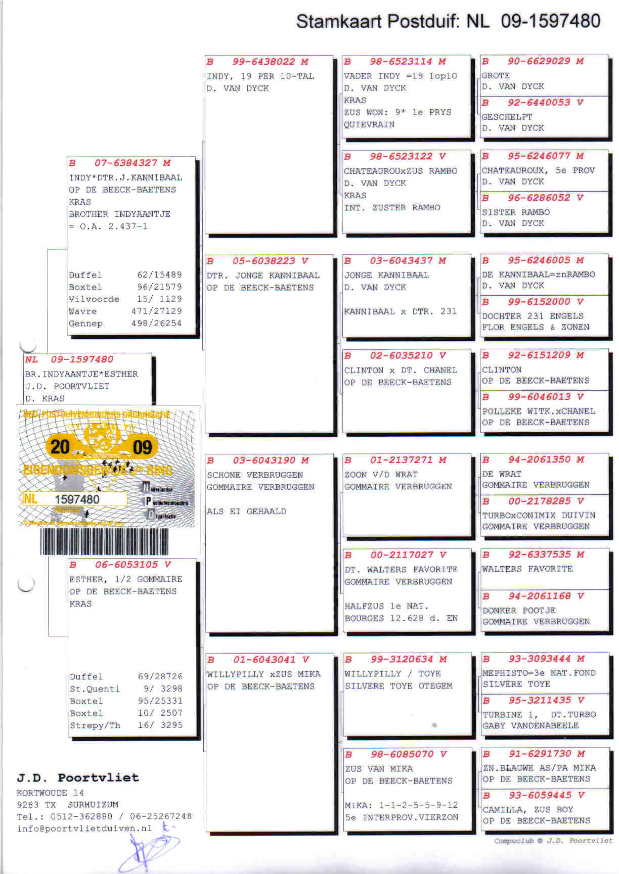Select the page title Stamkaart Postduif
(378, 21)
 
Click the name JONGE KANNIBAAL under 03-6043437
(386, 275)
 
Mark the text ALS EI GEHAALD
(246, 511)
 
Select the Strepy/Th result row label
(95, 725)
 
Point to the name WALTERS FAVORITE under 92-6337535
(527, 569)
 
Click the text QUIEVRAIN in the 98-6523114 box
(369, 124)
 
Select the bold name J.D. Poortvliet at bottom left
(78, 777)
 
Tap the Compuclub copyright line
(553, 841)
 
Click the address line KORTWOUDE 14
(51, 793)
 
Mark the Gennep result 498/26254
(156, 323)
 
